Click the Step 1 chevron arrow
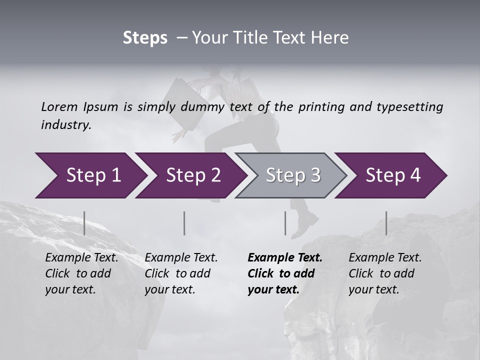pos(90,175)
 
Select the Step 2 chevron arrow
pos(190,175)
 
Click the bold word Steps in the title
pos(145,38)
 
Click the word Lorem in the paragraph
pos(59,106)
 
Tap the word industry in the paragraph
pos(65,125)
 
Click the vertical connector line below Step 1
pos(84,223)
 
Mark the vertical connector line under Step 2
pos(184,223)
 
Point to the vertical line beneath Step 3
pos(285,223)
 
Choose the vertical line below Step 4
pos(386,223)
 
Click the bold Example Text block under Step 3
pos(285,273)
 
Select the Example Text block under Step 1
pos(81,273)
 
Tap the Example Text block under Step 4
pos(385,273)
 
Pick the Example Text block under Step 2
pos(181,273)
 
